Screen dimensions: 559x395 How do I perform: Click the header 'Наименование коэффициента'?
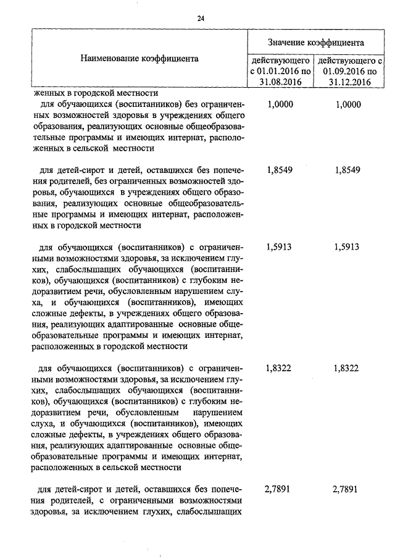pyautogui.click(x=139, y=59)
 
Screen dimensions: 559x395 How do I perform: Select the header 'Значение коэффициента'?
pyautogui.click(x=315, y=43)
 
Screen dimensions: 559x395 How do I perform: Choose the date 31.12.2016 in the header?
pyautogui.click(x=349, y=82)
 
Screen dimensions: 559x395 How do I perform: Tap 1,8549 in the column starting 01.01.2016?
pyautogui.click(x=278, y=170)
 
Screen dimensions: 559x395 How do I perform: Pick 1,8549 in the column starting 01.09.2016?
pyautogui.click(x=347, y=170)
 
